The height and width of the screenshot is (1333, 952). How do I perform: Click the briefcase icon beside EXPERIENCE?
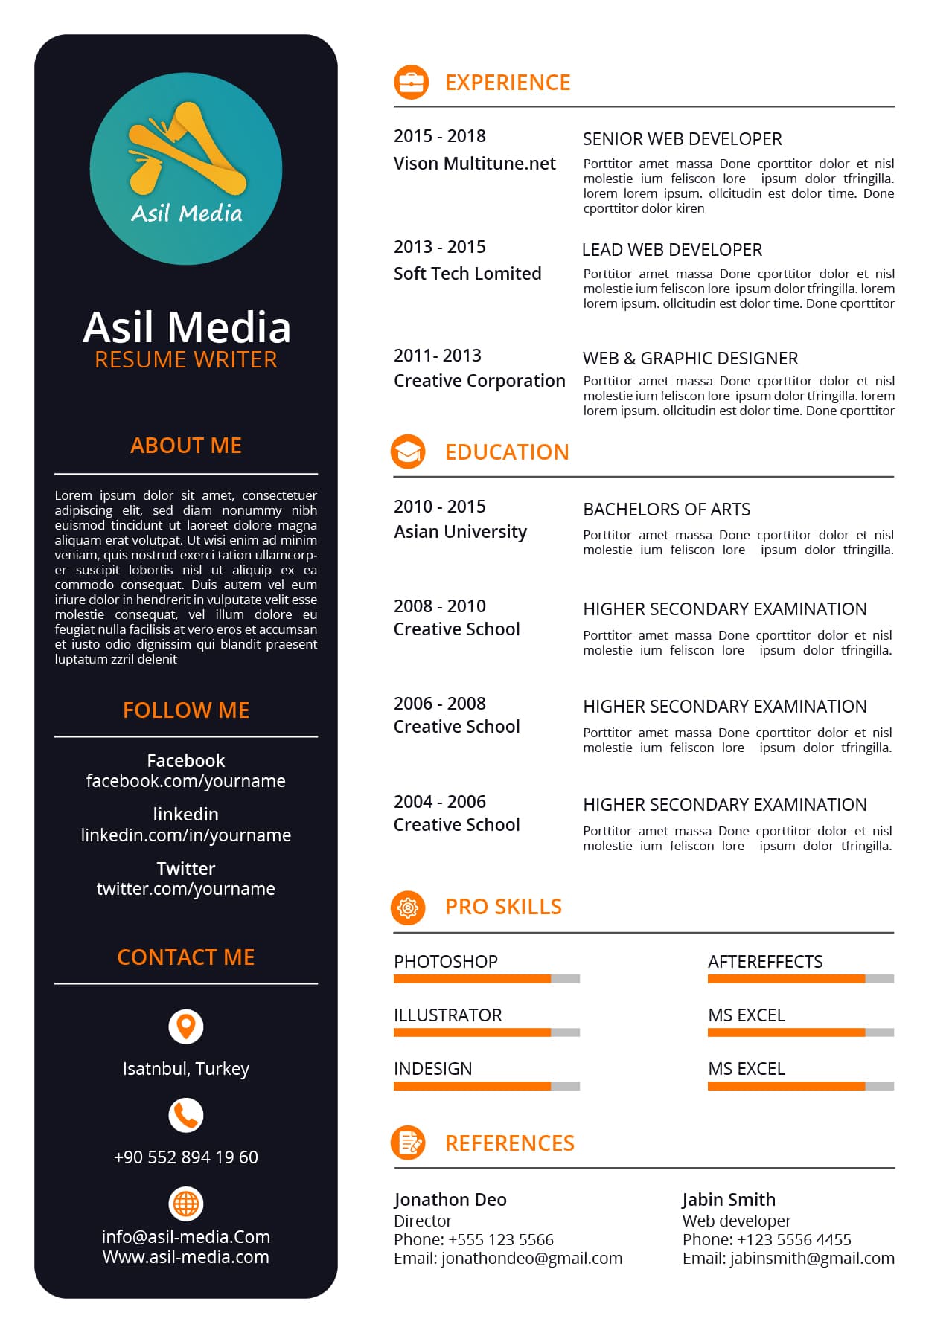tap(411, 83)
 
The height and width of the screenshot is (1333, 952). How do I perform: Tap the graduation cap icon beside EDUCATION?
tap(408, 452)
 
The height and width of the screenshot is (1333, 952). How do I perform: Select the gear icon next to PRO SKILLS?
tap(408, 908)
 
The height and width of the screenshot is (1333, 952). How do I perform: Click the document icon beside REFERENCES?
tap(408, 1143)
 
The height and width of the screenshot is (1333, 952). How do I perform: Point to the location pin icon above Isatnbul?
tap(186, 1027)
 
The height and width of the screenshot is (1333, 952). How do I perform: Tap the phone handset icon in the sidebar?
tap(186, 1115)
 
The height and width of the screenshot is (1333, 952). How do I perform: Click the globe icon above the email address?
tap(186, 1203)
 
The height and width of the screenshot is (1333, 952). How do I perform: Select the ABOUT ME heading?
tap(186, 446)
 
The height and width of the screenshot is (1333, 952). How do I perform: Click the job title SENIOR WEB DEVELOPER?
tap(682, 139)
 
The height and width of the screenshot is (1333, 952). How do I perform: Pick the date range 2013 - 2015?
tap(439, 247)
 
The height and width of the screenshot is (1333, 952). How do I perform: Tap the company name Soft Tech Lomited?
tap(467, 274)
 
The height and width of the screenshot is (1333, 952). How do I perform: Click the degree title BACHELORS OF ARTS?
tap(666, 510)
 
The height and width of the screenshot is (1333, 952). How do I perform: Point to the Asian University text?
tap(460, 532)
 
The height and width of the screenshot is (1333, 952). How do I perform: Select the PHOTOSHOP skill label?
tap(446, 962)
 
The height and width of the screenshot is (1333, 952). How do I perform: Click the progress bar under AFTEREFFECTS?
tap(800, 979)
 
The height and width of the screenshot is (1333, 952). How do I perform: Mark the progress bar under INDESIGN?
tap(486, 1086)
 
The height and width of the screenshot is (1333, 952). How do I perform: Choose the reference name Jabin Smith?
tap(729, 1200)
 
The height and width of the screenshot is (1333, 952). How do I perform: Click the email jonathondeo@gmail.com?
tap(531, 1259)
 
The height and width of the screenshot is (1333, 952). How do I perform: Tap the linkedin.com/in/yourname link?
tap(186, 835)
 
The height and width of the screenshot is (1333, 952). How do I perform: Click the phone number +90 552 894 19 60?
tap(186, 1157)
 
